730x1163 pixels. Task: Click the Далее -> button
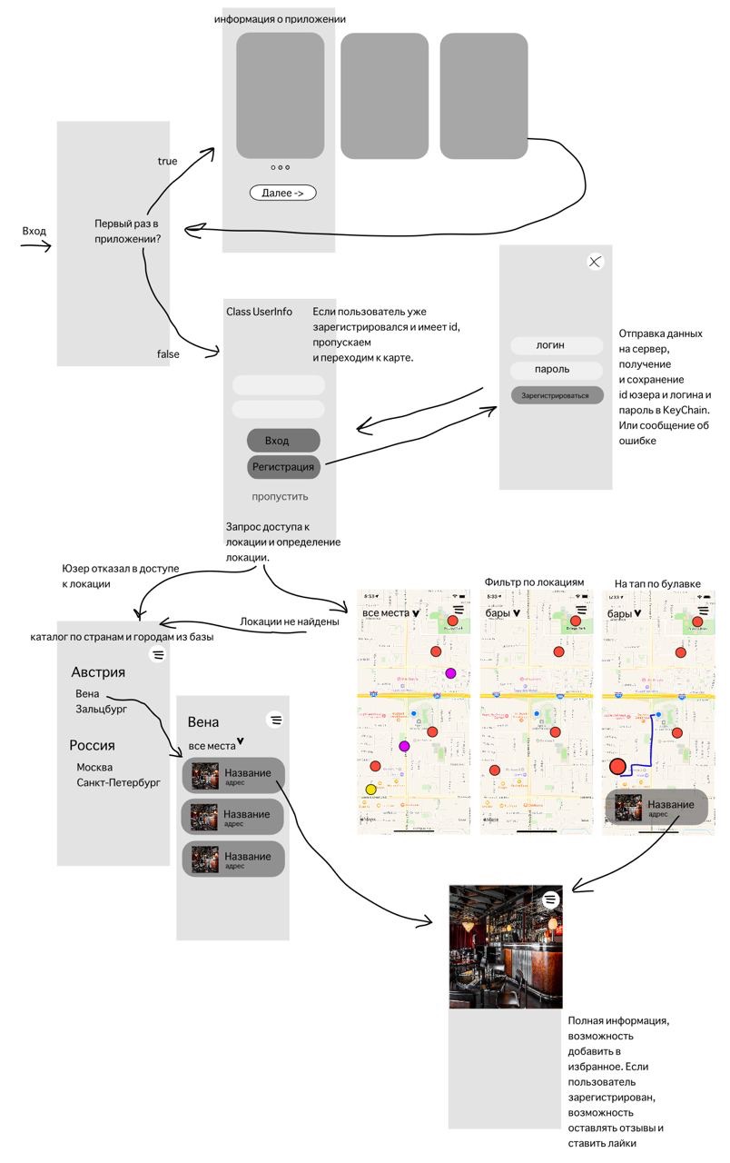pos(282,193)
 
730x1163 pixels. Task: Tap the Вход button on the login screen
pos(283,441)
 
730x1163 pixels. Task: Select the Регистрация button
pos(283,467)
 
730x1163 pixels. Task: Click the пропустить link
pos(280,496)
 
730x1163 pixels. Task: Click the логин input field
pos(556,345)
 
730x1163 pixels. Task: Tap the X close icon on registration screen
pos(595,262)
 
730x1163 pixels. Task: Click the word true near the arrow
pos(167,161)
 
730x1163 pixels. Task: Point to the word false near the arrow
pos(167,354)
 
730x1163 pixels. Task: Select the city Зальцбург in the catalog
pos(101,709)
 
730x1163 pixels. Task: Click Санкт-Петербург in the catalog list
pos(118,781)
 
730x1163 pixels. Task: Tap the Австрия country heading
pos(98,672)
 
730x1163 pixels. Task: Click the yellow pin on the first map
pos(370,790)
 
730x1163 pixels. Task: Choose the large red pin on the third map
pos(618,766)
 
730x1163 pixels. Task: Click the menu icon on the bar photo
pos(551,899)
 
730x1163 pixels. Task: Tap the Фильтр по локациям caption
pos(534,581)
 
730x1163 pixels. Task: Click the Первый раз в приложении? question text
pos(127,231)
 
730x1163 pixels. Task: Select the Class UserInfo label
pos(259,312)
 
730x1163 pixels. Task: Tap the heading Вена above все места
pos(202,722)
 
